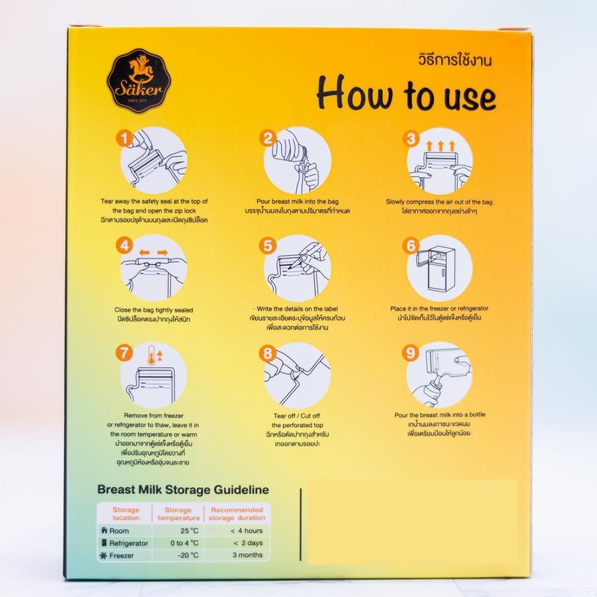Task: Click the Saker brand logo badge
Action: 139,81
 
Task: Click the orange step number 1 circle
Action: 125,139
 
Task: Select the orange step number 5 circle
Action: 267,245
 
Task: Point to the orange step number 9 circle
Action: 411,353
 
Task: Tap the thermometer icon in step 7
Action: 152,356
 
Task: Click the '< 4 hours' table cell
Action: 247,530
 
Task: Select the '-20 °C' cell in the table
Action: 187,555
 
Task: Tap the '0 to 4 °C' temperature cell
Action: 184,543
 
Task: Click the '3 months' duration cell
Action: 248,555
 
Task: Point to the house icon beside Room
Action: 104,530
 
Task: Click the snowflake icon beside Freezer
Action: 103,555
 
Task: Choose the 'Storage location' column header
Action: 126,513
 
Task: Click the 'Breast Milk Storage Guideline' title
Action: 183,490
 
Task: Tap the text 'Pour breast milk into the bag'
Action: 297,201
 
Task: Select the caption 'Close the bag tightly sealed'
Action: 154,310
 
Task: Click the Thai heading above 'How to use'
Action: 454,60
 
